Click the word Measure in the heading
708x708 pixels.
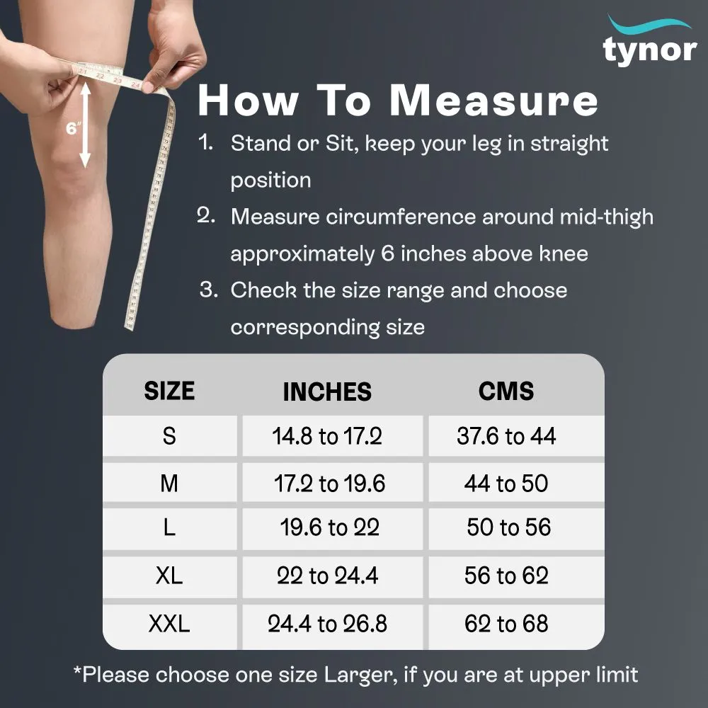(494, 101)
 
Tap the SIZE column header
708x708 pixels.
(169, 391)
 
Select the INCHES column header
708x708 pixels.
(327, 392)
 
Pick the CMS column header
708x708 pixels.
(506, 391)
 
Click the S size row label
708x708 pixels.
(169, 436)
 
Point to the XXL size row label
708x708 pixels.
(169, 624)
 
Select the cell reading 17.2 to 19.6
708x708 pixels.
(329, 484)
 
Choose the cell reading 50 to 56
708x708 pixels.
(508, 527)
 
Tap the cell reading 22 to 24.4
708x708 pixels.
(327, 576)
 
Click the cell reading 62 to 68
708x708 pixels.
(506, 624)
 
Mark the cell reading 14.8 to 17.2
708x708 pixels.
(327, 436)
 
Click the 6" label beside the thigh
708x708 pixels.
(72, 129)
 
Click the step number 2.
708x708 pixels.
(206, 216)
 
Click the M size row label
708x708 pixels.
(169, 484)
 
